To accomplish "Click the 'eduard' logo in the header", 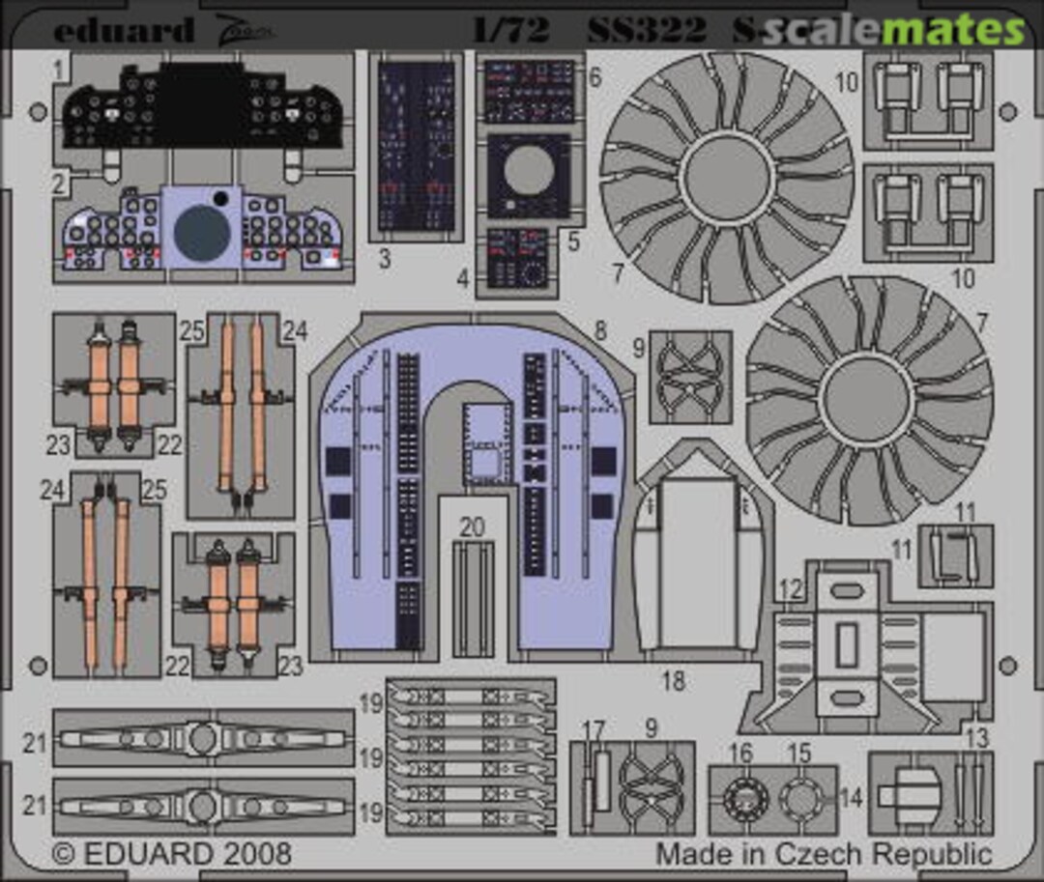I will pos(123,31).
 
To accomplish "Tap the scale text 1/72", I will pos(510,30).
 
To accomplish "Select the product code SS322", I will pos(647,30).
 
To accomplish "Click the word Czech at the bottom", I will pos(827,854).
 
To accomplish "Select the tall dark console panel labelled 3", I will pos(416,145).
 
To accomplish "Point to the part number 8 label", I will pos(600,330).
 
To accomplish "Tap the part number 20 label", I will pos(472,527).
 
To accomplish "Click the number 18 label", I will pos(673,680).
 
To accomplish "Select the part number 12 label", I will pos(790,588).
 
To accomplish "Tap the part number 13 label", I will pos(977,738).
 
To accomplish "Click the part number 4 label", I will pos(463,280).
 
